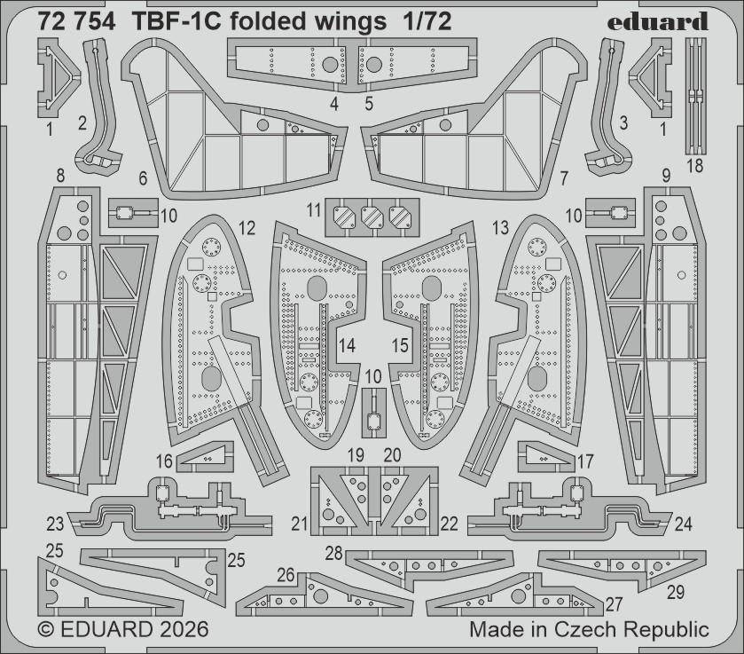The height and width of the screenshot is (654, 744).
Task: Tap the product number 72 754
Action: pyautogui.click(x=76, y=23)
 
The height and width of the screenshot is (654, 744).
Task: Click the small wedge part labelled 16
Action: pyautogui.click(x=205, y=456)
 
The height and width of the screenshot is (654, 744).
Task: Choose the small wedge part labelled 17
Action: pyautogui.click(x=543, y=456)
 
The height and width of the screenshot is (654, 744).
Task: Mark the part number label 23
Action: pyautogui.click(x=55, y=523)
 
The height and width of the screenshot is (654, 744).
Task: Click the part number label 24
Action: pyautogui.click(x=683, y=523)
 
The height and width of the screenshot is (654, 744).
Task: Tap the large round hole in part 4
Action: pyautogui.click(x=330, y=64)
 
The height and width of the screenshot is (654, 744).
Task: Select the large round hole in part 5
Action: pyautogui.click(x=374, y=64)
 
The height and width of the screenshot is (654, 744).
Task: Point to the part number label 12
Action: pyautogui.click(x=247, y=229)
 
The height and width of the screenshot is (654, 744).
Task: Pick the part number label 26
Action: pyautogui.click(x=286, y=575)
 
